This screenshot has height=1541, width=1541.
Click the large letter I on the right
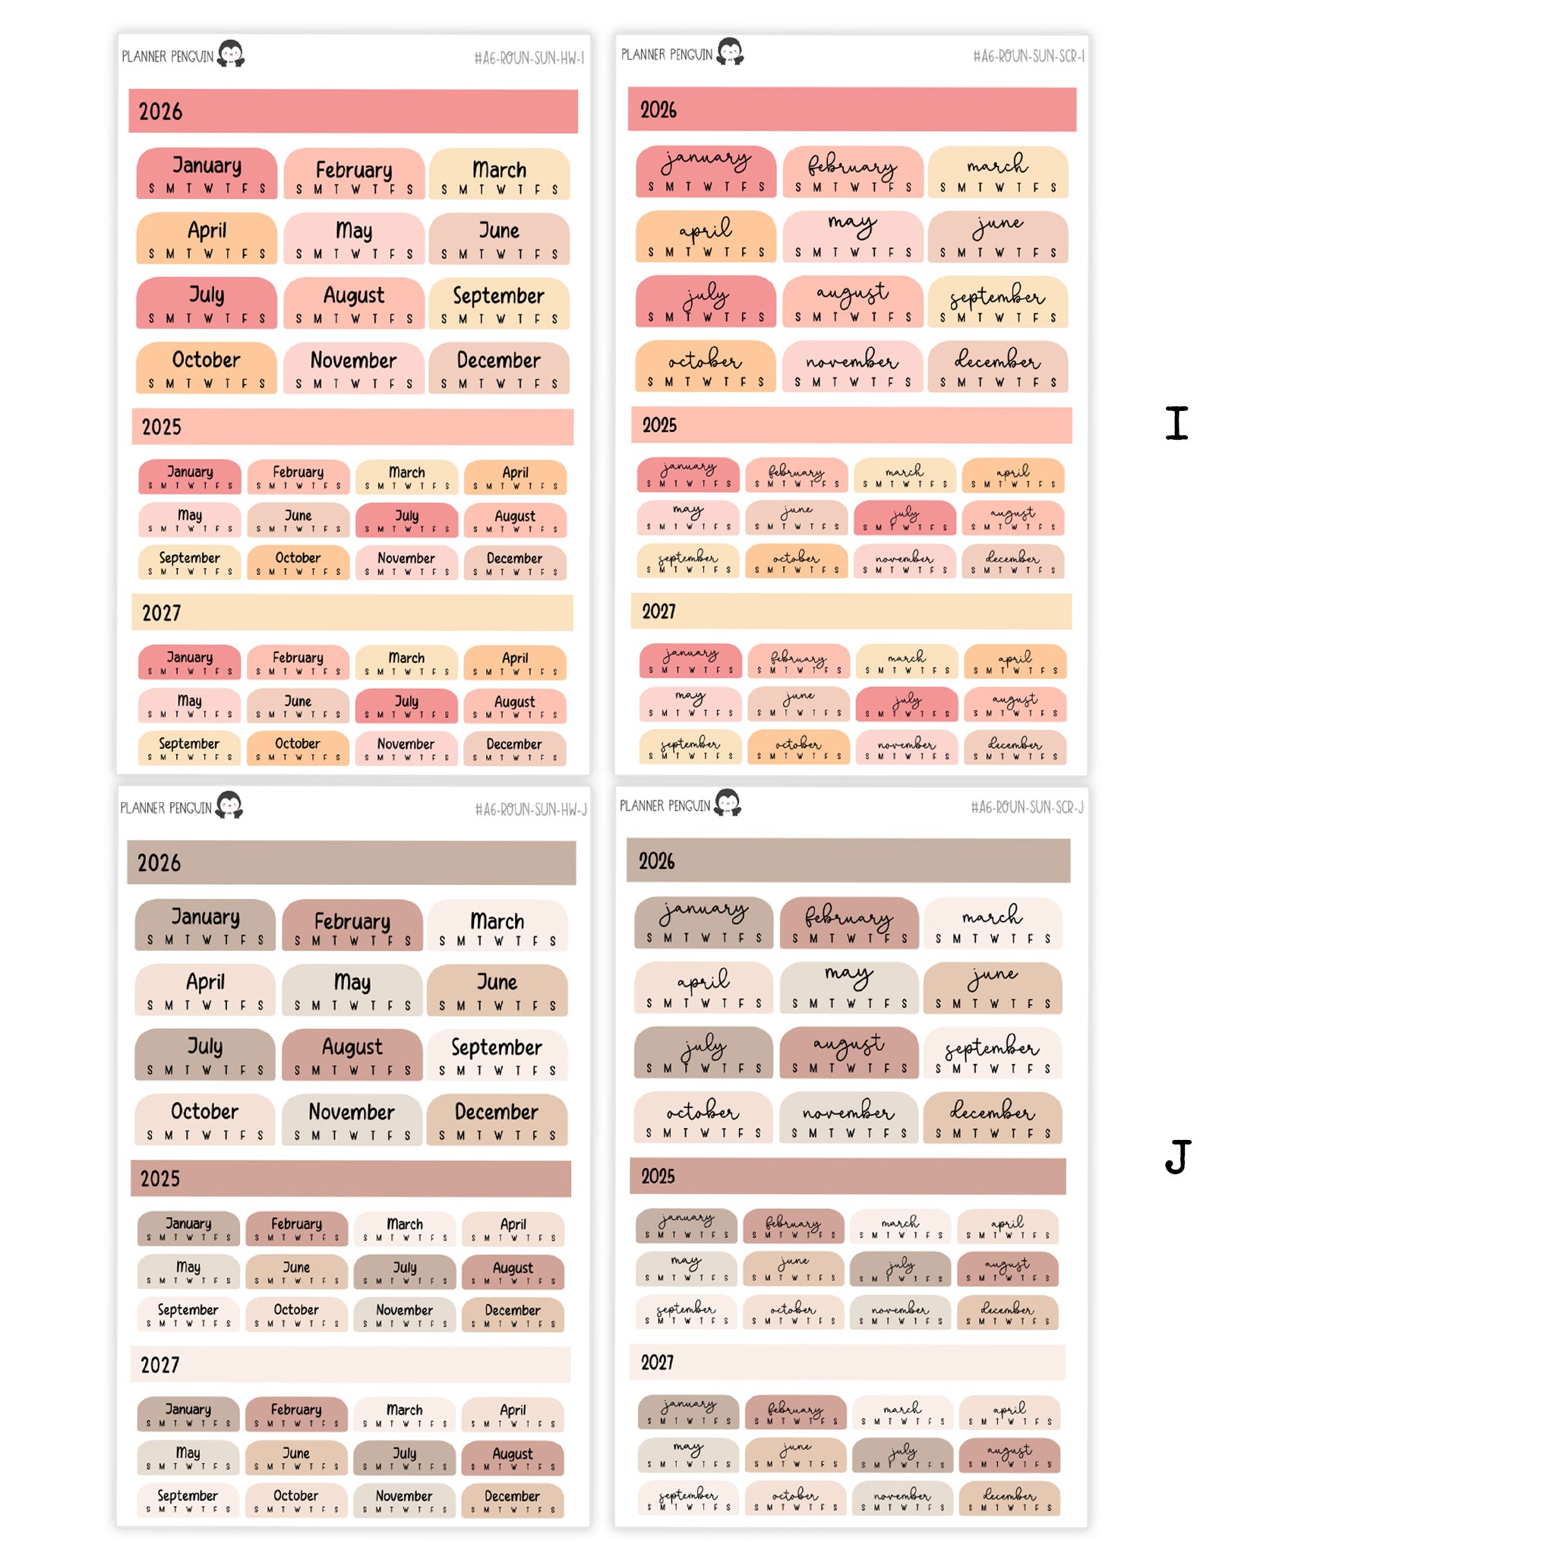point(1176,423)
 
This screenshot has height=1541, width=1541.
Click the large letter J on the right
point(1178,1156)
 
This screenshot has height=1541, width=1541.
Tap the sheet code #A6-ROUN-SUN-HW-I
point(529,58)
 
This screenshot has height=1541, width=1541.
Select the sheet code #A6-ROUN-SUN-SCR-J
point(1027,808)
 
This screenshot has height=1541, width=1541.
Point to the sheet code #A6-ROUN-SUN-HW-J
point(530,810)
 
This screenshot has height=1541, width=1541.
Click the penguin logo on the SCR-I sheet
point(730,52)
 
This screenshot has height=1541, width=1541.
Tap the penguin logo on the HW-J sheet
point(229,805)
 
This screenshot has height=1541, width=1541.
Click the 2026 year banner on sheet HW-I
point(353,112)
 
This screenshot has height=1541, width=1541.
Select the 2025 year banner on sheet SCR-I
point(851,425)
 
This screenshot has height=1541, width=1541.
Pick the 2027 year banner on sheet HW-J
point(351,1365)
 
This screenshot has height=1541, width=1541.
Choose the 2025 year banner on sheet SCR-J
point(848,1176)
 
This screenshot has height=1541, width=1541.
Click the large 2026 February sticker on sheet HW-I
point(354,174)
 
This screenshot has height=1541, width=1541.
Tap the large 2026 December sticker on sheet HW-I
point(498,368)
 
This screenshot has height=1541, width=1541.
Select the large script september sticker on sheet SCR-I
point(997,302)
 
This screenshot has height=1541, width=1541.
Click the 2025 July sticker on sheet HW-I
point(407,520)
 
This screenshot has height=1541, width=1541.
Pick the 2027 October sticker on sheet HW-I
point(298,748)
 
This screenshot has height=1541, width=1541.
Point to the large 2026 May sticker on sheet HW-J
point(352,990)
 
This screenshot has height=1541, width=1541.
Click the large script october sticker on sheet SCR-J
point(703,1117)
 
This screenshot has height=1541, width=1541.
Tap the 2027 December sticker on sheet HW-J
point(512,1500)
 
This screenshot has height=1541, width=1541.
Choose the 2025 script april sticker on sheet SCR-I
point(1013,476)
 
